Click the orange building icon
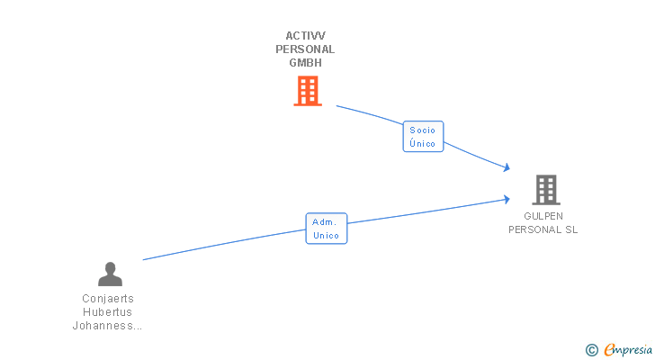[308, 91]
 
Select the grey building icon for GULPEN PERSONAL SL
[546, 190]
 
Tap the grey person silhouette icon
[111, 274]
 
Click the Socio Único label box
[423, 137]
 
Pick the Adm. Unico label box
[327, 229]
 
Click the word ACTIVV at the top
[305, 36]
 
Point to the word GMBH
[305, 63]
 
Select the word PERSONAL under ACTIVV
[305, 49]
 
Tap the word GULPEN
[543, 216]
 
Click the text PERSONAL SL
[543, 229]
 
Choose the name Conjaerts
[108, 299]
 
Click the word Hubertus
[107, 312]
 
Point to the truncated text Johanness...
[107, 325]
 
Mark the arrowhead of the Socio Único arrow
[507, 167]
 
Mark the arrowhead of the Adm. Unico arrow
[507, 199]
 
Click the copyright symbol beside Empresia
[591, 350]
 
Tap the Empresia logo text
[628, 350]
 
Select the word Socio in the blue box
[422, 130]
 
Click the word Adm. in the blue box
[324, 222]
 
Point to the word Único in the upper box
[422, 143]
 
